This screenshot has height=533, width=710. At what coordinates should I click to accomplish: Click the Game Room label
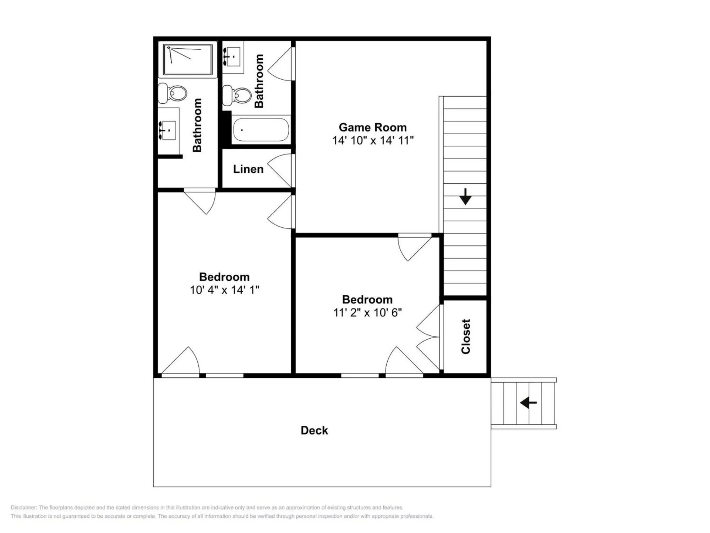(372, 127)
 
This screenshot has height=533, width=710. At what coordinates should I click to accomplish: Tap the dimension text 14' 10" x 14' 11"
(373, 140)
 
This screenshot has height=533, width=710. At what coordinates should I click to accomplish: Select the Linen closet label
(248, 169)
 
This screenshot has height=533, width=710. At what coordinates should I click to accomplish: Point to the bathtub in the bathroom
(261, 130)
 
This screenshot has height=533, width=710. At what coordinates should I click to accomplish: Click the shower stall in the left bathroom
(187, 59)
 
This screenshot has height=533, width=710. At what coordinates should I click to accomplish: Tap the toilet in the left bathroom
(173, 93)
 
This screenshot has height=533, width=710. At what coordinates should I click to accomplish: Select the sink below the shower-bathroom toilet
(168, 130)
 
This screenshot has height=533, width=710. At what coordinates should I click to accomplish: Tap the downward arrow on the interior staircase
(465, 196)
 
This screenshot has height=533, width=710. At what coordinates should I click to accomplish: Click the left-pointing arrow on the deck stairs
(528, 403)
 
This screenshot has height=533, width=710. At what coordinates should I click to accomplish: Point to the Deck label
(314, 430)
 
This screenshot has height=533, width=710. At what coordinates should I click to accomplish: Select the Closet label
(465, 336)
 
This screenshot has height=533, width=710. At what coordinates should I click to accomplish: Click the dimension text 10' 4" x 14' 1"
(224, 290)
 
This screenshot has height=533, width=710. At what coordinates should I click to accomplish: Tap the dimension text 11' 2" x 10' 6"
(367, 313)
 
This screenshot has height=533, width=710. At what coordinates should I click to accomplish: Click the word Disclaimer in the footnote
(23, 507)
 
